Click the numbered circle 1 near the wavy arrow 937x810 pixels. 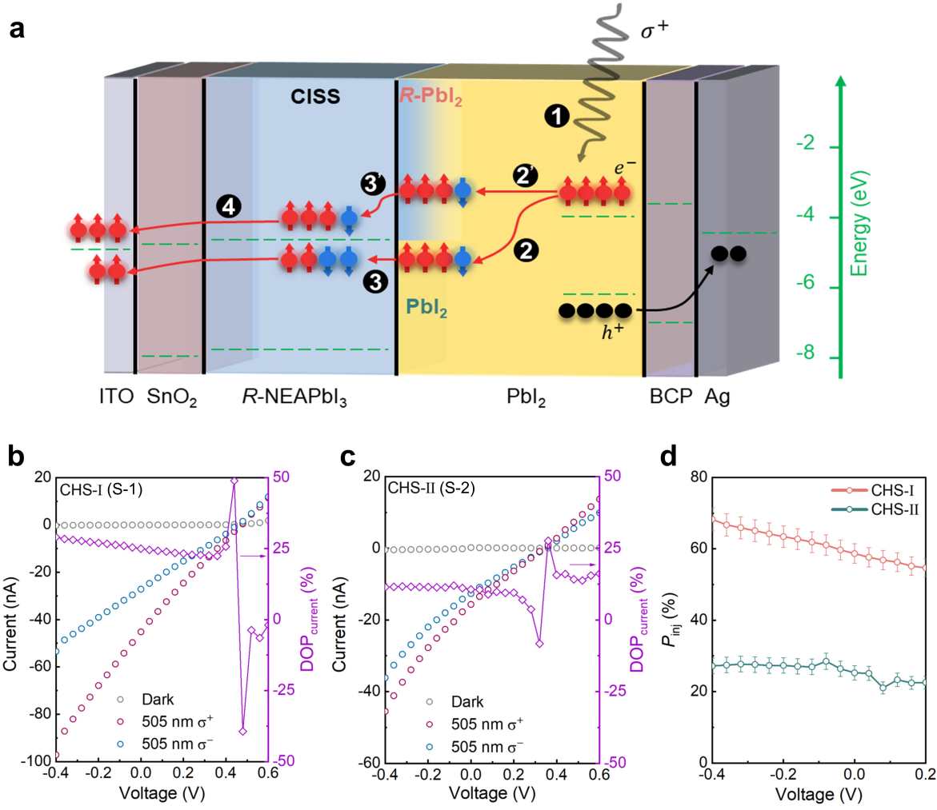pyautogui.click(x=555, y=117)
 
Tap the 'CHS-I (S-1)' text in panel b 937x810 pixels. pyautogui.click(x=101, y=488)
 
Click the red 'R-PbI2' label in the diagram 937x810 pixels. pyautogui.click(x=431, y=98)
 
